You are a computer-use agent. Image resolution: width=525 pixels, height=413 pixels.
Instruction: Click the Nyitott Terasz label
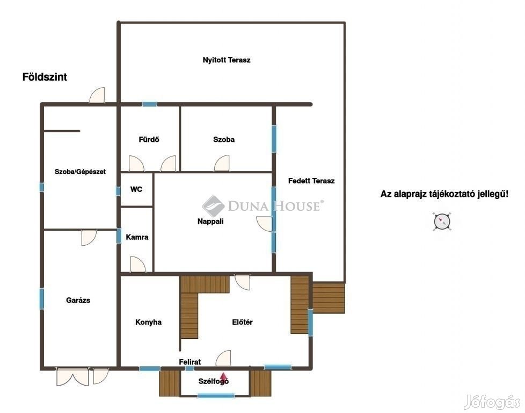click(x=227, y=60)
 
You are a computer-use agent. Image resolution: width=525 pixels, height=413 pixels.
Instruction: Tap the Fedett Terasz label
click(x=311, y=181)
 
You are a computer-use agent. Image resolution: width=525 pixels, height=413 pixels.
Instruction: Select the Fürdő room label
click(x=149, y=139)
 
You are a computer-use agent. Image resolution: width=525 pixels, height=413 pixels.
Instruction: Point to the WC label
click(x=136, y=189)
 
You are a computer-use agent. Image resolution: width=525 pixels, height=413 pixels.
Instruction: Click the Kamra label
click(x=137, y=237)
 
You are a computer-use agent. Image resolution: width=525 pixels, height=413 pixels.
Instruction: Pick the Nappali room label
click(x=210, y=222)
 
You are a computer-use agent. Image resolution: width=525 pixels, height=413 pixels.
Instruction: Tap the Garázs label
click(x=78, y=300)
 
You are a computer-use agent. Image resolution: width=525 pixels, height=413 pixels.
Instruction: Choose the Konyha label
click(x=148, y=322)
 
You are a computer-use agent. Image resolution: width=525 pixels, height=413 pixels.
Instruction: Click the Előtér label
click(x=243, y=322)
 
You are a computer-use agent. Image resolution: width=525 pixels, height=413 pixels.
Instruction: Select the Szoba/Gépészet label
click(x=80, y=172)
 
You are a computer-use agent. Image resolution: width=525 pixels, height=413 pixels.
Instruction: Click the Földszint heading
click(x=45, y=77)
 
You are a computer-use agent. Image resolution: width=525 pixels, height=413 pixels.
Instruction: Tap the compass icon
click(x=442, y=222)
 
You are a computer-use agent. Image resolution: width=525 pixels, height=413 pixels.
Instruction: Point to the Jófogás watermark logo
click(x=493, y=401)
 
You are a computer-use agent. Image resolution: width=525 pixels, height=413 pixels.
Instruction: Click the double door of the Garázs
click(x=72, y=376)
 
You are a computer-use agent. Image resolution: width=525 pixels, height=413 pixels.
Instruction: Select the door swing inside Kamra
click(x=137, y=264)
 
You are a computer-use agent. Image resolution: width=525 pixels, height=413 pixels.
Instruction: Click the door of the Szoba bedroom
click(x=222, y=163)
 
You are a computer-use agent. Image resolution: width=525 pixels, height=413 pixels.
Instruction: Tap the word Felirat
click(x=190, y=362)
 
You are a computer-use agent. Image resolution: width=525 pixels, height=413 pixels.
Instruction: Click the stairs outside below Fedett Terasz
click(x=329, y=298)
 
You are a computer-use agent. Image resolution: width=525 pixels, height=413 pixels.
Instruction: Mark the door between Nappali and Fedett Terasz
click(x=265, y=224)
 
